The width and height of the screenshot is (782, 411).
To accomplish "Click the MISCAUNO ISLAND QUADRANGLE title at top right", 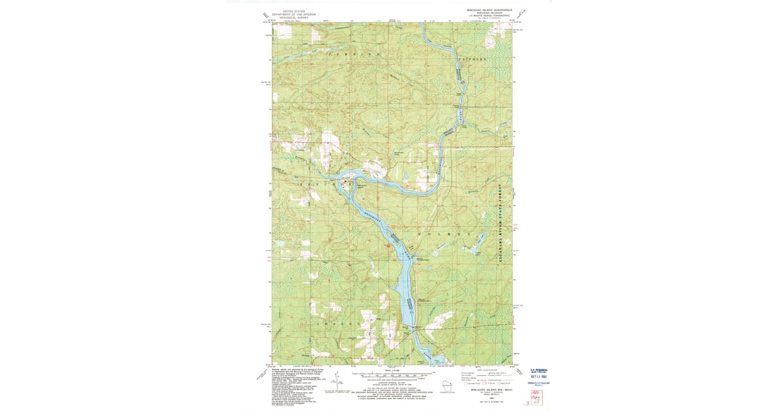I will (489, 10).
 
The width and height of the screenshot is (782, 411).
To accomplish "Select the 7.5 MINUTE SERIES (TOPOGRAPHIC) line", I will (489, 18).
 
